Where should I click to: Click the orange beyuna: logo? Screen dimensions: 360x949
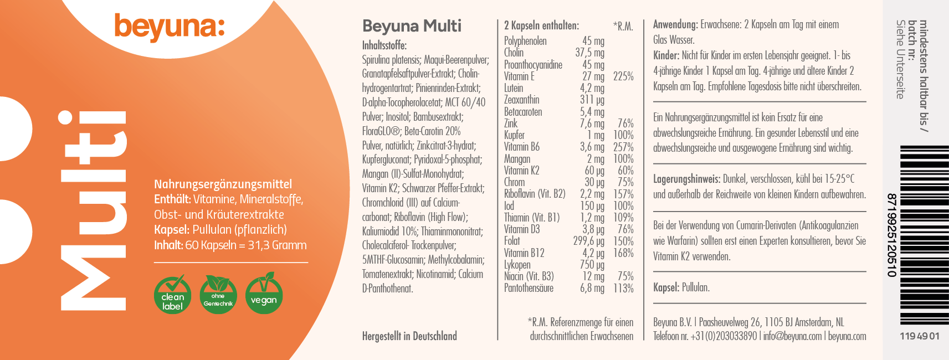pos(170,27)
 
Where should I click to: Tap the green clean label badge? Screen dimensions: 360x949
pos(172,294)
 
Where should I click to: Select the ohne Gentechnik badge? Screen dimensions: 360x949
pos(218,294)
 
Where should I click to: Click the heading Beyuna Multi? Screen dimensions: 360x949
pos(412,26)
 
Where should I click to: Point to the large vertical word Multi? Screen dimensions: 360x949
pos(93,210)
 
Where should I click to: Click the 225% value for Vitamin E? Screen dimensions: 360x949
pos(623,76)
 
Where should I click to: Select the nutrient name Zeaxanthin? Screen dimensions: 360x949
pos(521,100)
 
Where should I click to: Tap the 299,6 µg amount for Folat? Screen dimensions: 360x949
pos(588,241)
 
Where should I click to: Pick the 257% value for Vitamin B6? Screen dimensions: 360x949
pos(623,147)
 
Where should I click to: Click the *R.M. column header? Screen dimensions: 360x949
pos(623,26)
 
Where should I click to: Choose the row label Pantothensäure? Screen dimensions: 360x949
pos(529,288)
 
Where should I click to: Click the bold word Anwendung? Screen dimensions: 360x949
pos(675,24)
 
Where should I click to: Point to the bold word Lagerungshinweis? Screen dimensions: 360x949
pos(686,179)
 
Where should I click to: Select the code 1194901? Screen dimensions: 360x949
pos(920,336)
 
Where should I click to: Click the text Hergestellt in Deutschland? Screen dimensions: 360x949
pos(409,336)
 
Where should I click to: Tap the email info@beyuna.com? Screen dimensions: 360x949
pos(792,336)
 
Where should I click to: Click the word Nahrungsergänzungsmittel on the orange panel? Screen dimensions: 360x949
pos(223,184)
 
